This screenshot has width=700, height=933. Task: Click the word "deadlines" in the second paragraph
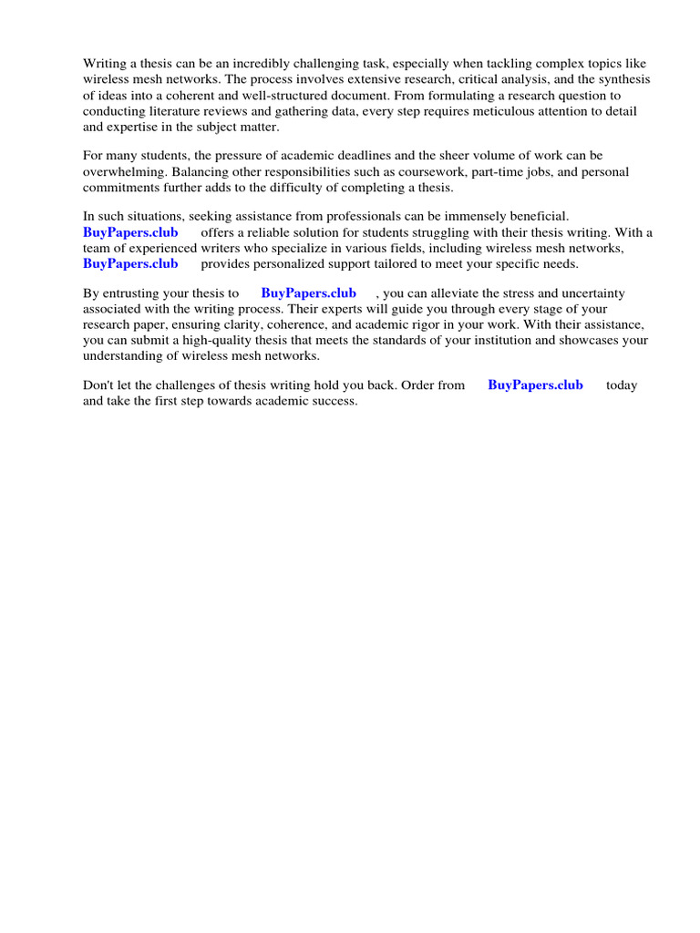(394, 156)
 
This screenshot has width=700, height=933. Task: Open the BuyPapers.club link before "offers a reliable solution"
(130, 232)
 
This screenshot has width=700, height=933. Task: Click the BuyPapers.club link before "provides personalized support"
(130, 263)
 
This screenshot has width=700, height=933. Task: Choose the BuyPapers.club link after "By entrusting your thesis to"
(308, 293)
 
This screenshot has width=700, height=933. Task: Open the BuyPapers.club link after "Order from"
(535, 384)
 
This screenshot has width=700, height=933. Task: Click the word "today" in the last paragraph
(622, 384)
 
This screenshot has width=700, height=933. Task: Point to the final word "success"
(334, 400)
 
